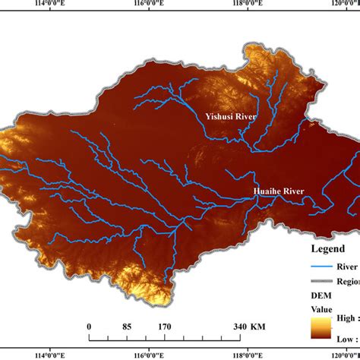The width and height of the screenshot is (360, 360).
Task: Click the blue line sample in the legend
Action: point(324,267)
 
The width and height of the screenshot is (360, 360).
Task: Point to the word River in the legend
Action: point(351,267)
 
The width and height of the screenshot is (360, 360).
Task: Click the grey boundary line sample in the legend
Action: point(324,282)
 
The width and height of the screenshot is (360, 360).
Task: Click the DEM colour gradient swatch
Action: point(320,329)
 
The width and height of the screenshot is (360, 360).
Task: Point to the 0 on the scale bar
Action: point(90,327)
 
